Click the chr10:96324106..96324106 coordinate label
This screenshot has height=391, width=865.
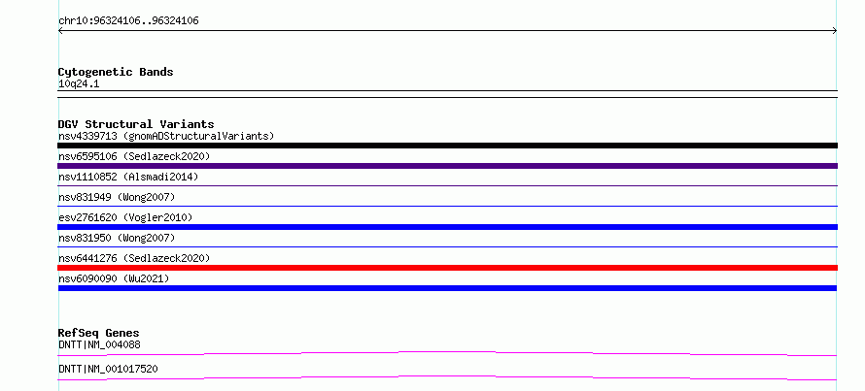(128, 21)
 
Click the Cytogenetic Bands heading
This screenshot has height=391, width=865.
(116, 72)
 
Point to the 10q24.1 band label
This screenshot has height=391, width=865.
(79, 84)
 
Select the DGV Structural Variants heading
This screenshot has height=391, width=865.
(136, 124)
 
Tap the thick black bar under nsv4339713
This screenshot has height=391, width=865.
(447, 146)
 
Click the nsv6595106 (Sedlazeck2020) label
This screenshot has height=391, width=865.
(134, 156)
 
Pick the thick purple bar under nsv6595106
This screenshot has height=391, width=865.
(447, 166)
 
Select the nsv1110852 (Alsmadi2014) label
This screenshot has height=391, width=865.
(128, 177)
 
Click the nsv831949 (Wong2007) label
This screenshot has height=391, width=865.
(117, 197)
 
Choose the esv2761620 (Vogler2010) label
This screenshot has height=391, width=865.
(125, 217)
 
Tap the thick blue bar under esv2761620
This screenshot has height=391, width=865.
(447, 227)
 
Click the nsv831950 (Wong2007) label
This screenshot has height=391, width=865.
(117, 238)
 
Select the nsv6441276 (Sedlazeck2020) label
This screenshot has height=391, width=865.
(134, 258)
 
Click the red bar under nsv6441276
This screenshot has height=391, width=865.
(447, 268)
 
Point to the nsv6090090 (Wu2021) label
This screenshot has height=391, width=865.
(114, 278)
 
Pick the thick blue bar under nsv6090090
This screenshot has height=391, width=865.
(447, 288)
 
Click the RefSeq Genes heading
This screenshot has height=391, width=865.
(99, 333)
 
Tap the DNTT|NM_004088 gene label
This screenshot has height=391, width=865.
(99, 345)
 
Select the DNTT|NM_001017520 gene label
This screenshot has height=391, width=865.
(108, 369)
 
